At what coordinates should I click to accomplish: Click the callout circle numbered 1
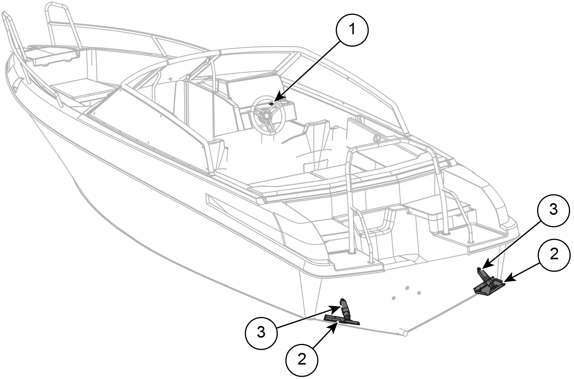point(352,30)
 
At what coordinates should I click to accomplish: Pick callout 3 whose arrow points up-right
point(261,333)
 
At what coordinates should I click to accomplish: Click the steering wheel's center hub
point(266,116)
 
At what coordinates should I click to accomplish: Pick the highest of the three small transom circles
point(407,288)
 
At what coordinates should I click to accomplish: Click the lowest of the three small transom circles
point(393,298)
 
